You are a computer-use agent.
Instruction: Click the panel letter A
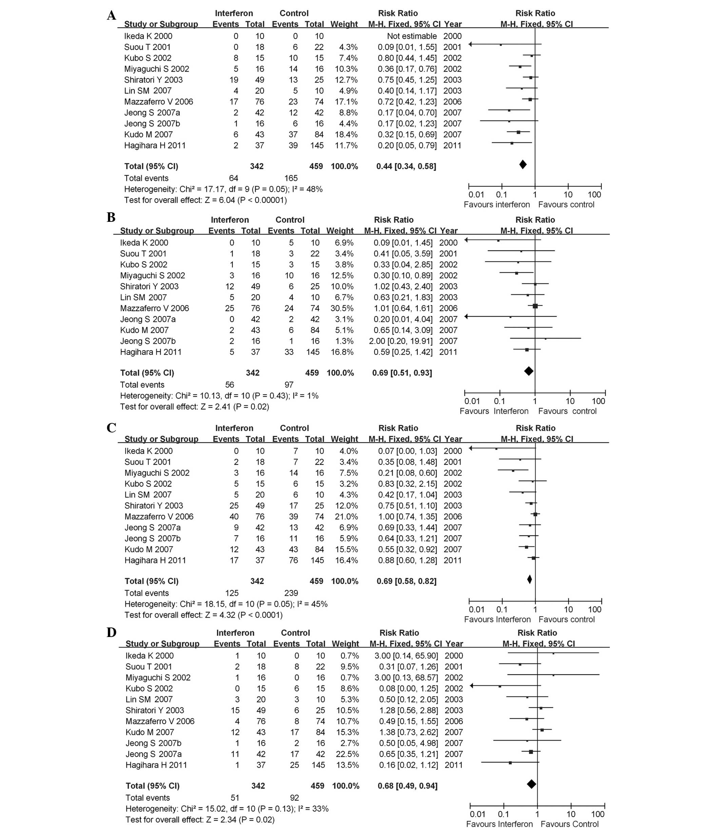(112, 16)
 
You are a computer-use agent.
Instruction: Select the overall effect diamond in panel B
(529, 371)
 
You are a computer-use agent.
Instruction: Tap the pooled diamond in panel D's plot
(531, 784)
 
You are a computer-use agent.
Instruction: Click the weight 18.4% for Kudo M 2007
(346, 134)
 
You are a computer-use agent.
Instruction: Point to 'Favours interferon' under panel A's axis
(496, 205)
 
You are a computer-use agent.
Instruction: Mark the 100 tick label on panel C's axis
(595, 609)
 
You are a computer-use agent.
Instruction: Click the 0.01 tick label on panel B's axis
(472, 401)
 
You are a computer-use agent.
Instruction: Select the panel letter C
(112, 428)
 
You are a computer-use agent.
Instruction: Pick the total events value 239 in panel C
(291, 593)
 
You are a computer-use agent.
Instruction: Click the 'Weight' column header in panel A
(344, 24)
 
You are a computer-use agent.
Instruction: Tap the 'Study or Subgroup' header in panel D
(162, 643)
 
